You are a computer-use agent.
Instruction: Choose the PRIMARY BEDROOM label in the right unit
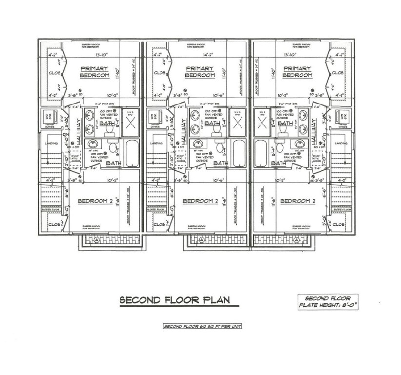point(298,72)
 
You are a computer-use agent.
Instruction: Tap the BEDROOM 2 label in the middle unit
point(200,201)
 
